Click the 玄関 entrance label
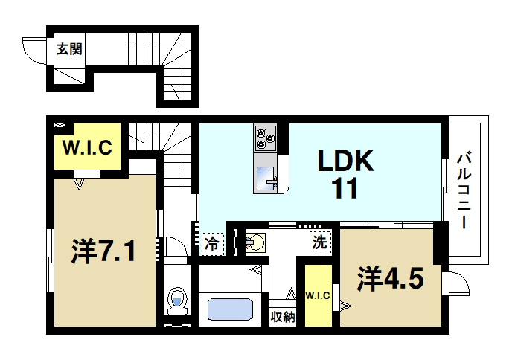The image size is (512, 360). tap(69, 49)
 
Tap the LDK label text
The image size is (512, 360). tap(346, 161)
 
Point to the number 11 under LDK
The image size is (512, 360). tap(345, 188)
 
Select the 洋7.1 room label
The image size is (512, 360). tap(103, 251)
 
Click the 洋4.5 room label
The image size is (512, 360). tap(390, 278)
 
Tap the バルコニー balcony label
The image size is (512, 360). tap(464, 190)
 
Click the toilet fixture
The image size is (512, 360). tap(177, 300)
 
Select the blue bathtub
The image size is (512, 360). tap(230, 309)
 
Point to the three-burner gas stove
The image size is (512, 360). tap(266, 138)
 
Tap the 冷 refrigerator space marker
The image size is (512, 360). tap(213, 244)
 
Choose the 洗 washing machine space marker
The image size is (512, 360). tap(320, 242)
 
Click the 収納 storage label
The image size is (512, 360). tap(283, 317)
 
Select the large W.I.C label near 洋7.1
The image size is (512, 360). tap(87, 147)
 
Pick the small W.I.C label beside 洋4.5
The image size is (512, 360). tap(318, 296)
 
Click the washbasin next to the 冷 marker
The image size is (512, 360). tap(255, 242)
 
